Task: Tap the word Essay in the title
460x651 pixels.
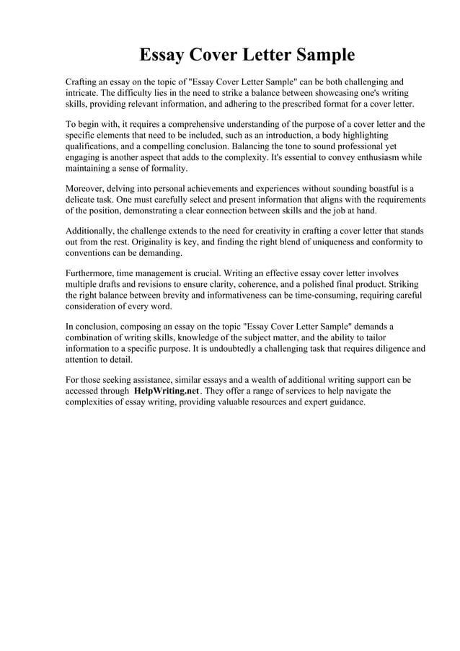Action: pyautogui.click(x=165, y=55)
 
